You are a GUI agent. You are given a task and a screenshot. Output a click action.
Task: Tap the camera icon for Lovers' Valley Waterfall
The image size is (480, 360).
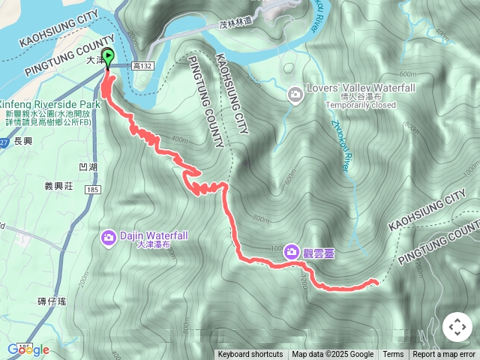(295, 94)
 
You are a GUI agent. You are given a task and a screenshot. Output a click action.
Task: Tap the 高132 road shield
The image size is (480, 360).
(141, 67)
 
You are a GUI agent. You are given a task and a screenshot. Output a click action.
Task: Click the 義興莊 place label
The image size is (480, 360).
(58, 185)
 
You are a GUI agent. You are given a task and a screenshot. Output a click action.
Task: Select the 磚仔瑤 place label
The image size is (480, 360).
(52, 301)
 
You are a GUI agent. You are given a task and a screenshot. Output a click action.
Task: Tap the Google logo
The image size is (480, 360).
(28, 349)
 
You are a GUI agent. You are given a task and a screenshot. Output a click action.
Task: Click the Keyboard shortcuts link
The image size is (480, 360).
(250, 355)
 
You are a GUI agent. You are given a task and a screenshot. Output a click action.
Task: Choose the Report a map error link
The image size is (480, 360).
(444, 355)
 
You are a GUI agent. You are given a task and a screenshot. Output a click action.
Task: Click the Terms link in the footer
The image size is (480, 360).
(393, 355)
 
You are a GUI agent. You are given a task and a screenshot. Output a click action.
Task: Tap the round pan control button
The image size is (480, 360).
(457, 328)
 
